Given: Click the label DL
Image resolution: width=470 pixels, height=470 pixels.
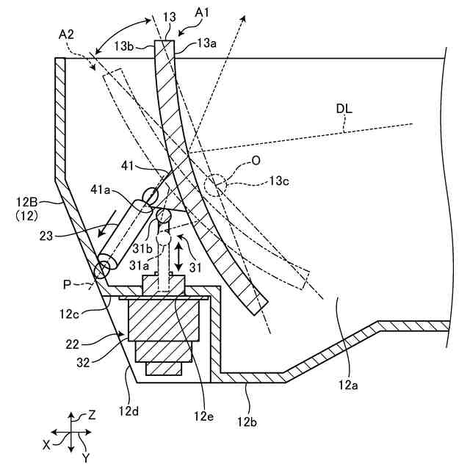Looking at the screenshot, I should click(x=344, y=109).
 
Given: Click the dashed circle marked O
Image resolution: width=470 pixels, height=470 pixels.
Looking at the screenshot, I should click(x=218, y=184).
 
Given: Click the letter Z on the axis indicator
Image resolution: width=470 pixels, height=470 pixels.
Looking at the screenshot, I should click(x=92, y=415).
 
